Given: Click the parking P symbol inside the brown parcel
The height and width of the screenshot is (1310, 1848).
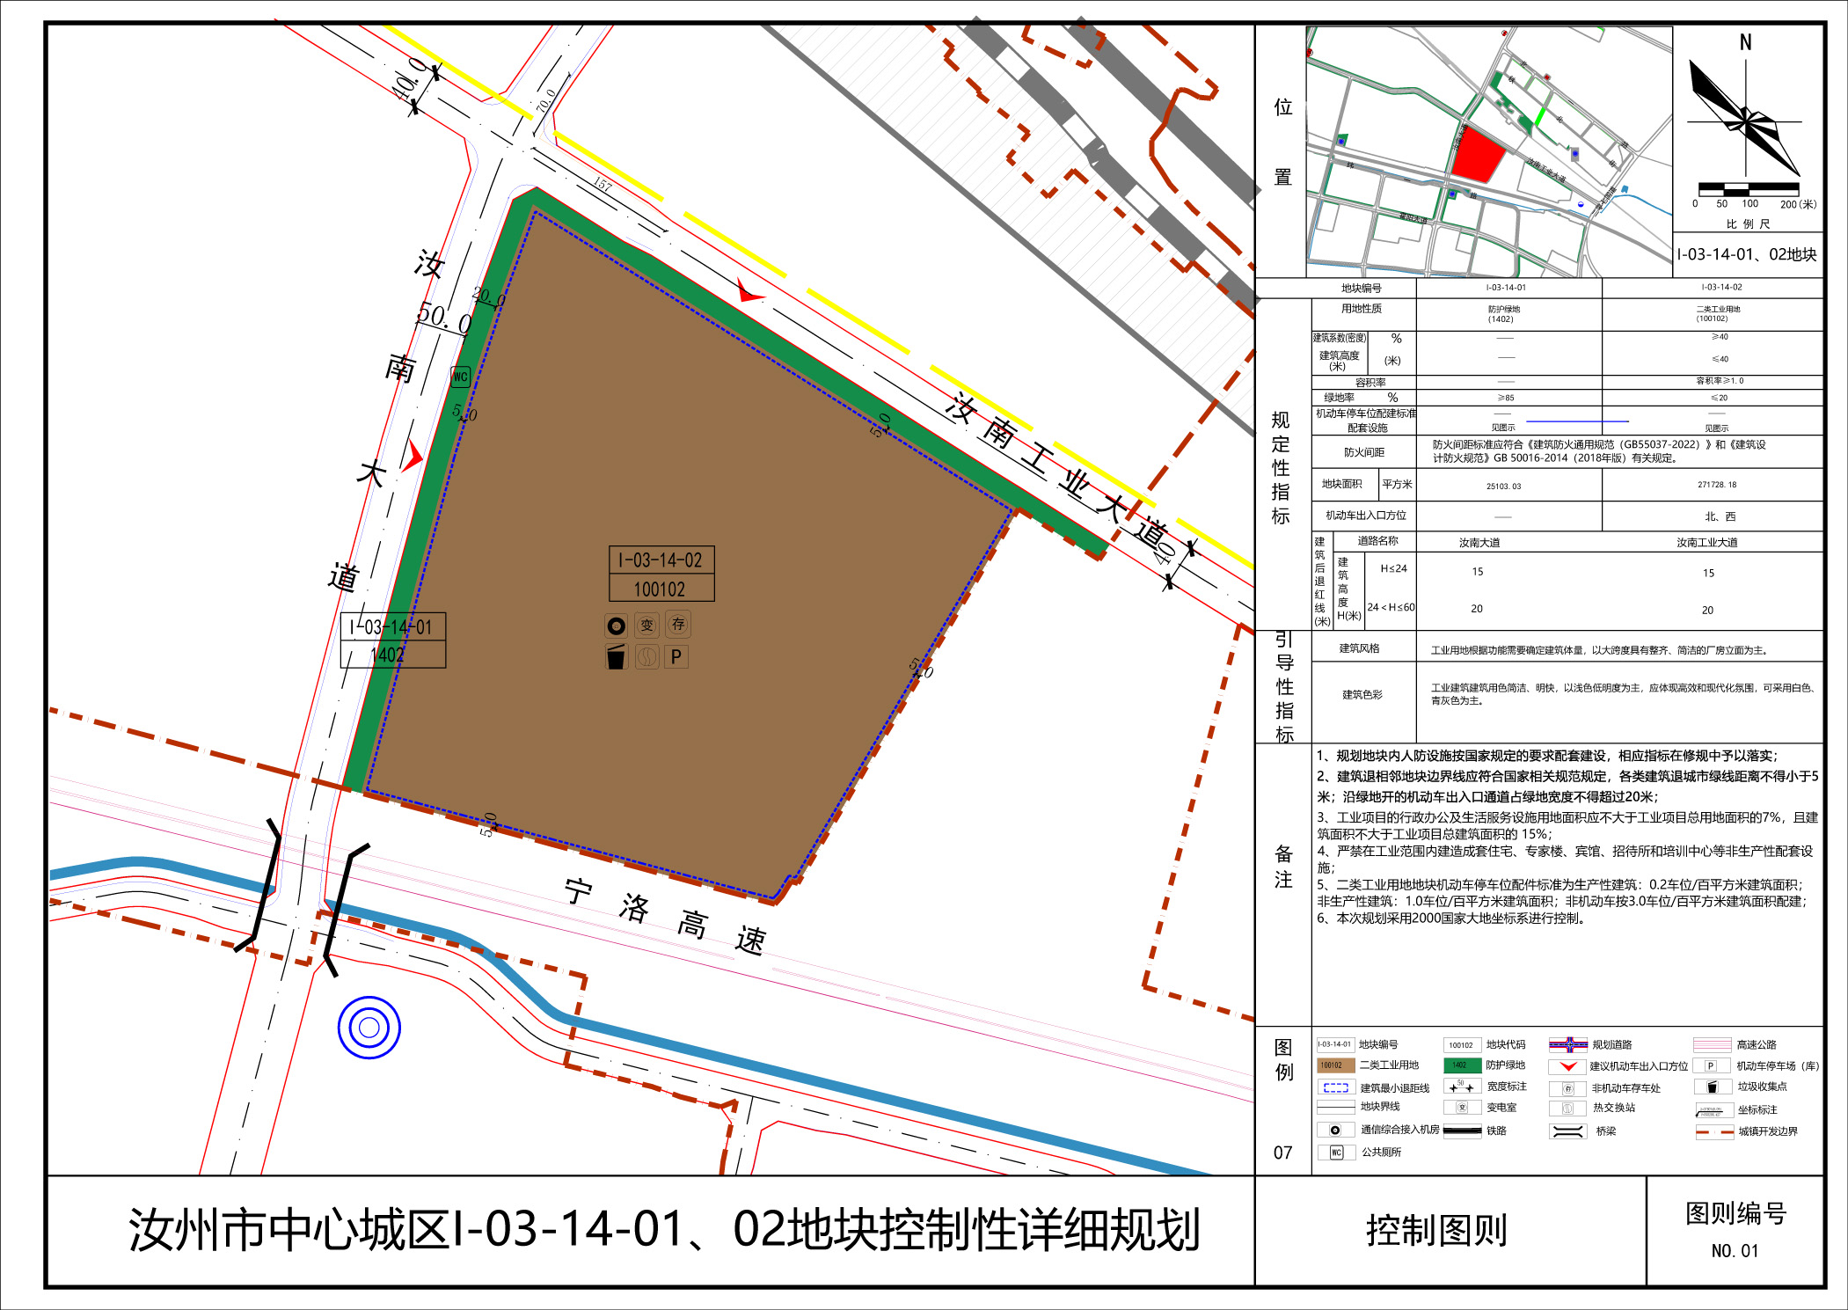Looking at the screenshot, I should coord(676,657).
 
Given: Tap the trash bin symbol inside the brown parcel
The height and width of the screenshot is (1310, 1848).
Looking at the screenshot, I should coord(616,656).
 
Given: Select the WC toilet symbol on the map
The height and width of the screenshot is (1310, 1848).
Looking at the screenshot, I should coord(460,377).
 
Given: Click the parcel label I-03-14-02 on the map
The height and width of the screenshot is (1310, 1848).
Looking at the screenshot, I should coord(661,560).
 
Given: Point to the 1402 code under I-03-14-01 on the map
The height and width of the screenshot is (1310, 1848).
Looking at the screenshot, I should coord(388,655).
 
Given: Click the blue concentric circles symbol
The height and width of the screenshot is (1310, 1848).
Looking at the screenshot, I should coord(369,1027).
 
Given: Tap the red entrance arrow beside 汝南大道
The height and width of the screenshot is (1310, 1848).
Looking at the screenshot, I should coord(413,456).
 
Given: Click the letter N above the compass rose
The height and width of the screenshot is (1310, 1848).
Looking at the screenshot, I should coord(1745,42).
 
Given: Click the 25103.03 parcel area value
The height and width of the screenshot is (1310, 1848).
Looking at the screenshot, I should coord(1503,486).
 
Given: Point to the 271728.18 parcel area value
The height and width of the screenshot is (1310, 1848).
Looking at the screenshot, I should coord(1717,485).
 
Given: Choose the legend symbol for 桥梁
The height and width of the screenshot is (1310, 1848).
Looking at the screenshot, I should coord(1567,1131).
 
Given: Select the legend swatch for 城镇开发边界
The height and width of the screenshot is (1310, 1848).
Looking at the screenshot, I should coord(1714,1131).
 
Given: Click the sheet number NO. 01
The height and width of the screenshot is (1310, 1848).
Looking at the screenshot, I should coord(1735,1251).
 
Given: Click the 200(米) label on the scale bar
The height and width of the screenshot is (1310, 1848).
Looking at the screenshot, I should coord(1798,204).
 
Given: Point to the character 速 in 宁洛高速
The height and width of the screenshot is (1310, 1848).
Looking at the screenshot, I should coord(750,940).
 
